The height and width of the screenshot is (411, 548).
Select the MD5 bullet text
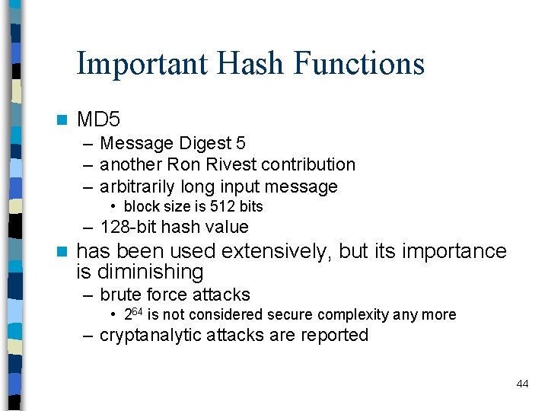pos(99,119)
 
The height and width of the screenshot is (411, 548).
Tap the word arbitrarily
pos(138,186)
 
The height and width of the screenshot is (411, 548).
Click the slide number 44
pos(522,384)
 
